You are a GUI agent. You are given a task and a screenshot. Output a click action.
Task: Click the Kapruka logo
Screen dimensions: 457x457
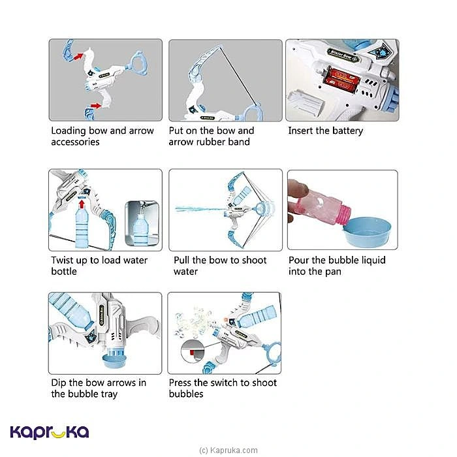click(50, 432)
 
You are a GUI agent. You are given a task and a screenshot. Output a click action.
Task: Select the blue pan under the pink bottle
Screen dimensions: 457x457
click(367, 232)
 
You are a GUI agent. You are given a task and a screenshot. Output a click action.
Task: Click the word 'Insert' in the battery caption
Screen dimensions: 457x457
click(301, 131)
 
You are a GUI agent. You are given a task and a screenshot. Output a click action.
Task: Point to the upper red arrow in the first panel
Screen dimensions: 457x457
click(78, 56)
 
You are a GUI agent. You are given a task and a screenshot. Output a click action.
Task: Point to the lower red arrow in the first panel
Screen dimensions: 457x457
click(95, 106)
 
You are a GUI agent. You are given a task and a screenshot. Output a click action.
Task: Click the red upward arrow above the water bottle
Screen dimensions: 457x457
click(82, 204)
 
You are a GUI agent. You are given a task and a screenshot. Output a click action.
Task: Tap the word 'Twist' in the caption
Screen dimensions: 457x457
click(62, 260)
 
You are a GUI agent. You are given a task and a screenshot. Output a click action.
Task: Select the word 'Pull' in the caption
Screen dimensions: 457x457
click(181, 260)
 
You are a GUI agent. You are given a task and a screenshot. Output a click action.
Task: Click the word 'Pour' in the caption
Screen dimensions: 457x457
click(299, 260)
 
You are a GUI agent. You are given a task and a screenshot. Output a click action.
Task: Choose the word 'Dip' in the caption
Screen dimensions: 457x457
click(59, 383)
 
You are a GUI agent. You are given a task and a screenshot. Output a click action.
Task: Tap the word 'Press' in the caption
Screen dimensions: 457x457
click(180, 383)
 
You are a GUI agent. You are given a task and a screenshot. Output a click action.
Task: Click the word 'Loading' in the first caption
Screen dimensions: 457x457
click(69, 131)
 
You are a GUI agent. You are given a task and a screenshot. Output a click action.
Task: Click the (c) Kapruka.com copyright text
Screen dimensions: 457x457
click(228, 450)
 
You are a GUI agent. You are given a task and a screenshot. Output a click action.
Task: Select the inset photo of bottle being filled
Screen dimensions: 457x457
click(142, 223)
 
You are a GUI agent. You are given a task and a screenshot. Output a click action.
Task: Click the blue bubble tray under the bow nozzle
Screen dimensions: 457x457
click(114, 361)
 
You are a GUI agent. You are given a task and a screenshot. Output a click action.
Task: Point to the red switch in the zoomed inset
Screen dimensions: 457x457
click(192, 353)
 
